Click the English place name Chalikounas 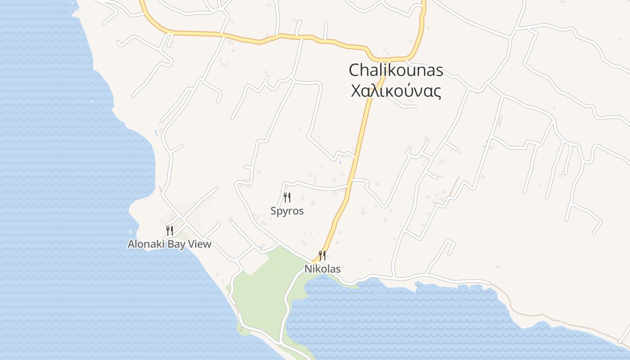click(396, 70)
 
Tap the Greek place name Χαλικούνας click(396, 91)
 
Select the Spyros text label click(287, 211)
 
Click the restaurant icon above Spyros click(287, 197)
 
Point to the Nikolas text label click(322, 269)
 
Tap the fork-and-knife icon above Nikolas click(322, 256)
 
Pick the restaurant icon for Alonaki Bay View click(170, 231)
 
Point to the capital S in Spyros click(273, 211)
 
